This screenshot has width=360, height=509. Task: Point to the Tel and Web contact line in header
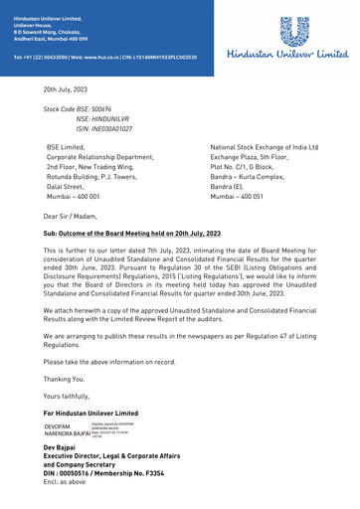click(x=104, y=58)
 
